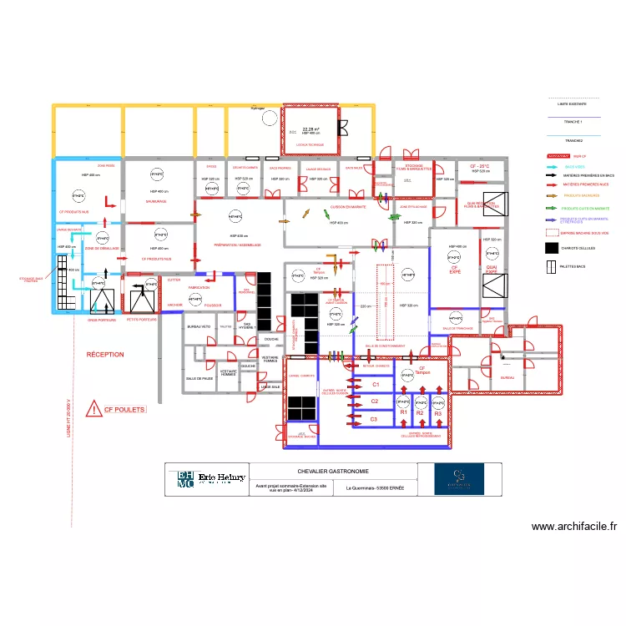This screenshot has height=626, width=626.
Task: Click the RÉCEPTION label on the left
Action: [x=105, y=355]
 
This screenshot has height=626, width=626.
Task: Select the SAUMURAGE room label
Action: [x=156, y=201]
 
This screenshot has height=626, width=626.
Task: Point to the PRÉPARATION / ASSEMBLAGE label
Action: [x=238, y=245]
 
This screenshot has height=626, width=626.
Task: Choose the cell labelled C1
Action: [x=376, y=385]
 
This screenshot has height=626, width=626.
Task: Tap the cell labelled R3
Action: [x=438, y=413]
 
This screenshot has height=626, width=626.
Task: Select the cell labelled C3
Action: [x=374, y=419]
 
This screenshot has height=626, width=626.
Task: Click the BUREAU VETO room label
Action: [x=199, y=326]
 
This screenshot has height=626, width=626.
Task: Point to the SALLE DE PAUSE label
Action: [x=199, y=378]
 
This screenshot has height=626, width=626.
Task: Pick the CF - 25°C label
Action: [x=478, y=166]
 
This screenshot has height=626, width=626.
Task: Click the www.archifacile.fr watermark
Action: [x=574, y=527]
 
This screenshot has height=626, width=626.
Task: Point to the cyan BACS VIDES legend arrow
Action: [x=554, y=167]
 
